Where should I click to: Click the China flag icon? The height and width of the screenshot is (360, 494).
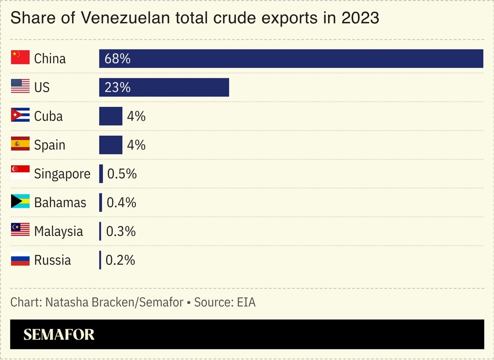tap(20, 57)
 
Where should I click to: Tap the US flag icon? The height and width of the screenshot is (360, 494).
tap(20, 86)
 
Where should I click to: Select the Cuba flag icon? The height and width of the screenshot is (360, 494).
tap(20, 115)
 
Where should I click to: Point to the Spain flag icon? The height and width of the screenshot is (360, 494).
tap(20, 144)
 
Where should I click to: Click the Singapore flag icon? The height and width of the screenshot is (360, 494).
tap(20, 172)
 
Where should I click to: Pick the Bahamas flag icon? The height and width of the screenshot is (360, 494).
tap(20, 201)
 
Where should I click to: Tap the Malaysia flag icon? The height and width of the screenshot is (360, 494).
tap(20, 230)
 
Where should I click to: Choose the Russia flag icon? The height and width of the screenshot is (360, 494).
tap(20, 259)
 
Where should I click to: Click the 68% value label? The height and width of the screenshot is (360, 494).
tap(117, 58)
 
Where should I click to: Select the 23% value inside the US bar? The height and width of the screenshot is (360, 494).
tap(117, 88)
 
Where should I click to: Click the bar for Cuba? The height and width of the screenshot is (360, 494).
tap(111, 116)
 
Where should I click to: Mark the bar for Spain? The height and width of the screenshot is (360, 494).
tap(111, 145)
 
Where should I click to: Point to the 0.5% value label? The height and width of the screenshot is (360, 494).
tap(122, 174)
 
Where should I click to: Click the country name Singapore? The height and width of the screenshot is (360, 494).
tap(62, 174)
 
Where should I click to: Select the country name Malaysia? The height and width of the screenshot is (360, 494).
tap(58, 231)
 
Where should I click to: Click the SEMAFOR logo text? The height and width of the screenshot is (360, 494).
tap(59, 334)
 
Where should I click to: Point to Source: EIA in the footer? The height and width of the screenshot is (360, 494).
tap(225, 302)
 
